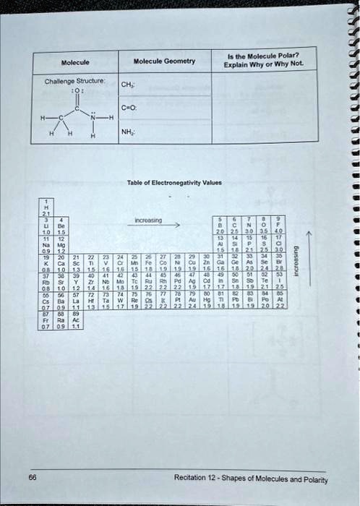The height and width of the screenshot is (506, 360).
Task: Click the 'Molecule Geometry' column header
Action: point(164,61)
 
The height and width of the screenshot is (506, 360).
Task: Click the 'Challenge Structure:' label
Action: point(75,82)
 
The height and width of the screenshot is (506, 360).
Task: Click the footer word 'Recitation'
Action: point(190,479)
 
